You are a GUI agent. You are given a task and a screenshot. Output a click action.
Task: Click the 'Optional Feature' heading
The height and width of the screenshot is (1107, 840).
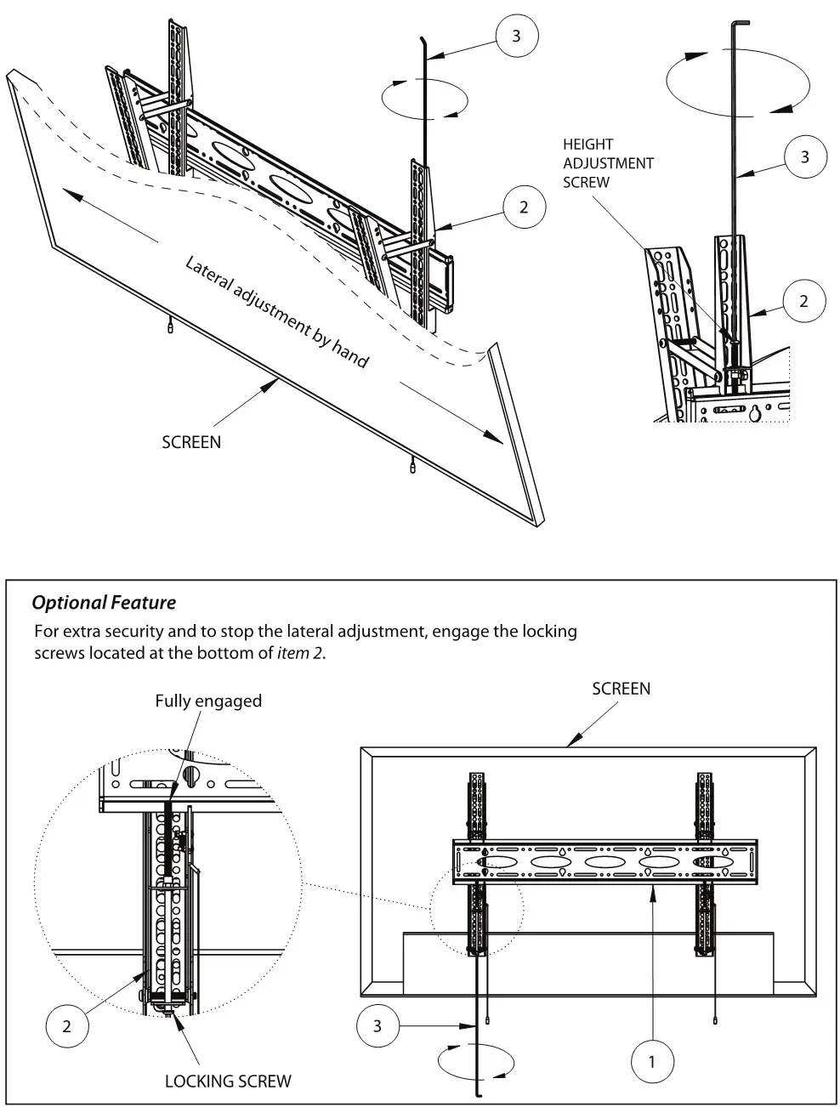coord(104,603)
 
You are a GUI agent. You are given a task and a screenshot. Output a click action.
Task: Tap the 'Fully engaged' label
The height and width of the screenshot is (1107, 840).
coord(208,701)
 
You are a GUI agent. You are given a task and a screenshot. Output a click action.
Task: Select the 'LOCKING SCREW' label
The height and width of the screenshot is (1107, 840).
coord(228,1081)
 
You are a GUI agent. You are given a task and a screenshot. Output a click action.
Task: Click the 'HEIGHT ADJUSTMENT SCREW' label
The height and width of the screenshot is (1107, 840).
coord(608,162)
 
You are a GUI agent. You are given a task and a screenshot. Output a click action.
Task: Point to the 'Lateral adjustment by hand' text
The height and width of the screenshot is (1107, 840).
coord(277,312)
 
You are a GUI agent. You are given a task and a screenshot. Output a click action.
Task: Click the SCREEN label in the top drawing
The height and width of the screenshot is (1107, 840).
coord(191,442)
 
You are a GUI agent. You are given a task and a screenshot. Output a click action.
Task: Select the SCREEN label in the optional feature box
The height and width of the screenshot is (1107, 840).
coord(621,689)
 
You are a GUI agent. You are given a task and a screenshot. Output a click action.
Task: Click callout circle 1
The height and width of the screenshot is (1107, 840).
coord(652,1060)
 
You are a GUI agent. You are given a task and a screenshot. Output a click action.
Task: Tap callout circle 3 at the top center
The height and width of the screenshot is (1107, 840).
coord(517,36)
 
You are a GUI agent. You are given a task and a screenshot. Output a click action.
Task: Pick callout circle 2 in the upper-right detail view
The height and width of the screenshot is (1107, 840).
coord(803,301)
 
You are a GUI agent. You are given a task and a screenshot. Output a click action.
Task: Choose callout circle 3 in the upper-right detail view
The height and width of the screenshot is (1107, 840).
coord(804,156)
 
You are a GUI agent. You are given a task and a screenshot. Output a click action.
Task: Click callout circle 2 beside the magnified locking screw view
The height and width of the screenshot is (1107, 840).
coord(66,1025)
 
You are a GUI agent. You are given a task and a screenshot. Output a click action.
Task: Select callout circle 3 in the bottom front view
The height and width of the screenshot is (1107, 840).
coord(377,1026)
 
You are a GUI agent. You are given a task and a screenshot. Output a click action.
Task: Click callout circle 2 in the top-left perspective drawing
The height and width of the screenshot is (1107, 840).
coord(524,207)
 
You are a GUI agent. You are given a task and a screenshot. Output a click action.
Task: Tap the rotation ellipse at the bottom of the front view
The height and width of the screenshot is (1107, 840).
coord(475,1061)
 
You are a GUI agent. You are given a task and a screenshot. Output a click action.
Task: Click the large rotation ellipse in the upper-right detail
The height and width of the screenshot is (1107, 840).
coord(738,82)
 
